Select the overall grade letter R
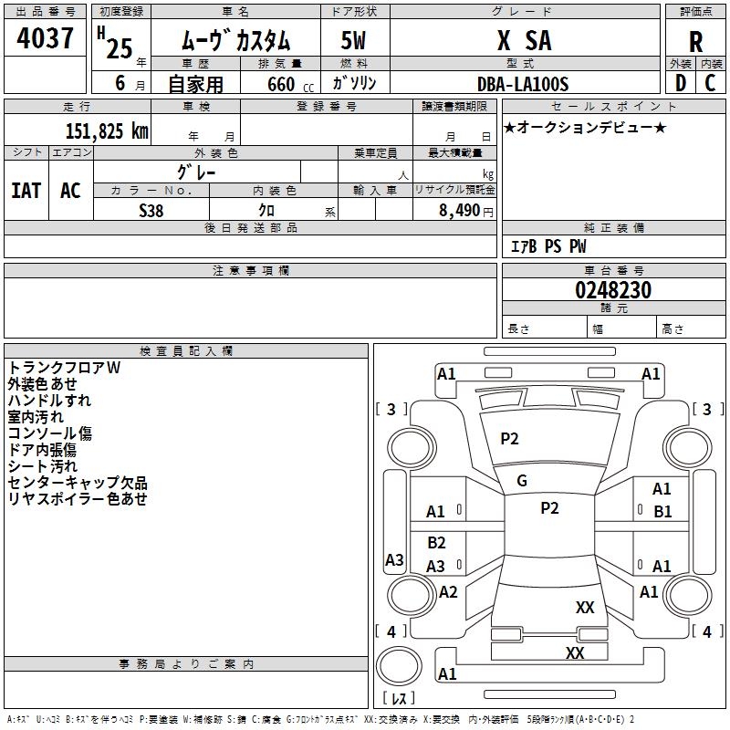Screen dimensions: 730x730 [696, 42]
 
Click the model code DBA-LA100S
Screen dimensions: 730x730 [523, 84]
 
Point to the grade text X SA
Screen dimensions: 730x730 [524, 41]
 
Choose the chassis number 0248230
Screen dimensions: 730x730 [613, 291]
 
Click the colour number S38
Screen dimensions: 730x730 [151, 210]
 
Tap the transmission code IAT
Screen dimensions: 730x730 [26, 191]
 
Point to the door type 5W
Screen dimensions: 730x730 [355, 41]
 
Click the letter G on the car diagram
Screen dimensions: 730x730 [522, 481]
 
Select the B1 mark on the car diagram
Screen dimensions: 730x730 [662, 512]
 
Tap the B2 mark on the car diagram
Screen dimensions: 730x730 [436, 543]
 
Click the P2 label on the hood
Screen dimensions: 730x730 [509, 439]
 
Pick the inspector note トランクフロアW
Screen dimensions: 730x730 [64, 368]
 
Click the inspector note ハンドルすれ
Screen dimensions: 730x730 [49, 401]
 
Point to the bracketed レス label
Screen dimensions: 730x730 [398, 699]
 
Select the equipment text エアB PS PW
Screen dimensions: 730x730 [547, 246]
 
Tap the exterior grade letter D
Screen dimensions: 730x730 [680, 84]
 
